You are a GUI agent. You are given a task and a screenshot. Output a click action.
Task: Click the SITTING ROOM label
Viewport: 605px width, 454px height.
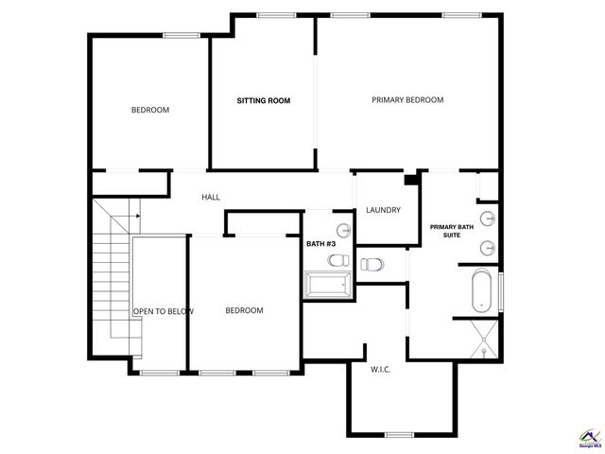[x=263, y=100]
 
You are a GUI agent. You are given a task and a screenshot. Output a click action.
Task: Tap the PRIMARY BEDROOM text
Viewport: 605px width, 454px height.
[x=407, y=99]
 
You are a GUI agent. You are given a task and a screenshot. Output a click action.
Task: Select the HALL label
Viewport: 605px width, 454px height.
[x=210, y=197]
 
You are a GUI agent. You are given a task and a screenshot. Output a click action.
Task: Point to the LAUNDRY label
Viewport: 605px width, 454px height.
[x=383, y=210]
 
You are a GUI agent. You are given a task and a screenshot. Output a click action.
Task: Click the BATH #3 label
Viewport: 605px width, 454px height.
[x=320, y=243]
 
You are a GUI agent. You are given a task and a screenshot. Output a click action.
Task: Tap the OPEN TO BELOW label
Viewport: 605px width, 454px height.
[x=163, y=311]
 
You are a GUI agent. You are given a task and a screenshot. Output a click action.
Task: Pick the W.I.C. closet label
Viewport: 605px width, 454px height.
[x=380, y=369]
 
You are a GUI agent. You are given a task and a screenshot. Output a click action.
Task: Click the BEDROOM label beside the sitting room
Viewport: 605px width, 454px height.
[x=149, y=110]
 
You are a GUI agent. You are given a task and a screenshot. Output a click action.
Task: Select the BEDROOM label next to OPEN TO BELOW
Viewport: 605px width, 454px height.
[x=244, y=310]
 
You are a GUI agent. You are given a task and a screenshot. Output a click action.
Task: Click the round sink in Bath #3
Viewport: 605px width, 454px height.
[x=341, y=229]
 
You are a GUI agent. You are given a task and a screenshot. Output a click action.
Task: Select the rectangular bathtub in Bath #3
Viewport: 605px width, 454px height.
[x=327, y=284]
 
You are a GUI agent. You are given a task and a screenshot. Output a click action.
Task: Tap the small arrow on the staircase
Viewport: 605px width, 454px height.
[x=138, y=217]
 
